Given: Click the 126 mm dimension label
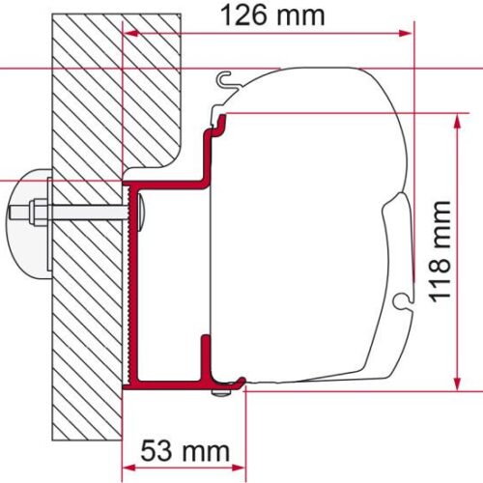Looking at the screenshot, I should pyautogui.click(x=270, y=15).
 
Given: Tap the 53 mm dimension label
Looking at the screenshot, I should pyautogui.click(x=186, y=451).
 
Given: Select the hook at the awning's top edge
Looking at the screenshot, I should pyautogui.click(x=224, y=81).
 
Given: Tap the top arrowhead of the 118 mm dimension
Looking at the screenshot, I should pyautogui.click(x=453, y=116).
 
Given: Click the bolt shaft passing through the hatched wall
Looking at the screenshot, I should pyautogui.click(x=87, y=211).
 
